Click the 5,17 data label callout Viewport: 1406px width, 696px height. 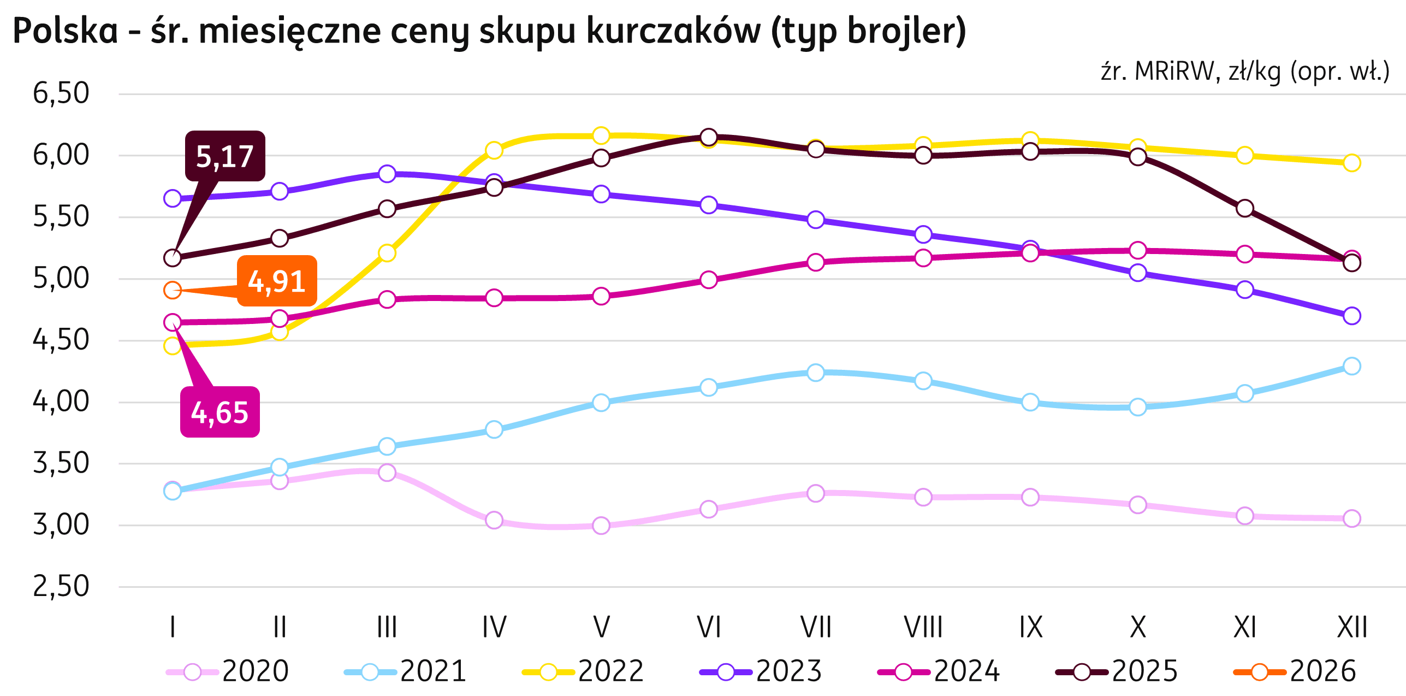point(224,156)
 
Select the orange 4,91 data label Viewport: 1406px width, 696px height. point(276,281)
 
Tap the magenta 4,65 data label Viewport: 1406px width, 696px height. point(219,412)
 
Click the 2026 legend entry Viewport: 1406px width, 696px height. point(1295,671)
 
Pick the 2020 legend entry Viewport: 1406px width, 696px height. point(228,671)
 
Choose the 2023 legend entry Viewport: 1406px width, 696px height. point(761,671)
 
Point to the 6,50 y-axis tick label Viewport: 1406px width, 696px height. point(61,93)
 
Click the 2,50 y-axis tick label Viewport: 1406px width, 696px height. point(61,587)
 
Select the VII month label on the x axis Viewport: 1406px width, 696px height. point(816,627)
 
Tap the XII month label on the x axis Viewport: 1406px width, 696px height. point(1351,627)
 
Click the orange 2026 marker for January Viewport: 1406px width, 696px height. point(173,290)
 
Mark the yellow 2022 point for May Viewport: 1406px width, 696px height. point(601,135)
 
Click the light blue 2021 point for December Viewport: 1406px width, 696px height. point(1351,365)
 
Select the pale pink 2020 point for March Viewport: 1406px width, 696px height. point(387,472)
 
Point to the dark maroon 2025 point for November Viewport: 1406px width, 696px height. point(1244,208)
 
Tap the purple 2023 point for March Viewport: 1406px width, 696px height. point(387,174)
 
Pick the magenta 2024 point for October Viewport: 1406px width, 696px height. point(1137,250)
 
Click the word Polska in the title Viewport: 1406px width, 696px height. point(65,31)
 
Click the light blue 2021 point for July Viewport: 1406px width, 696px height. point(816,373)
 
